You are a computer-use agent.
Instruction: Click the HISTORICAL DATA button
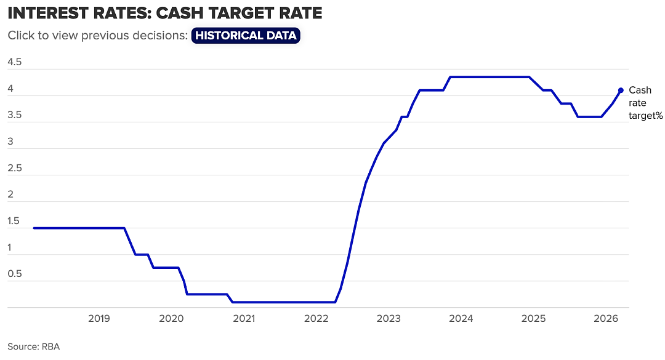[x=246, y=35]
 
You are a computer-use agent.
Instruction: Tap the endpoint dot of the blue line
[x=621, y=90]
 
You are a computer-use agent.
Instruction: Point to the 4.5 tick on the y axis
[x=14, y=62]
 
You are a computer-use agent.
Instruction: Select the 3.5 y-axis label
[x=14, y=115]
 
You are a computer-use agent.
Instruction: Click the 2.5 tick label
[x=14, y=168]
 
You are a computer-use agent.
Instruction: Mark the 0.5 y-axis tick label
[x=14, y=274]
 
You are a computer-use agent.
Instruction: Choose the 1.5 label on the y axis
[x=14, y=221]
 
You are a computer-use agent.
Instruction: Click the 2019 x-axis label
[x=99, y=318]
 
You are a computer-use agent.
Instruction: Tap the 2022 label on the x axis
[x=316, y=318]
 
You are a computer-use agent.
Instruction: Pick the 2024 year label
[x=461, y=318]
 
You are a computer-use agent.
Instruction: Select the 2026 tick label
[x=606, y=318]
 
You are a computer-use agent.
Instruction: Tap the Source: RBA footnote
[x=33, y=347]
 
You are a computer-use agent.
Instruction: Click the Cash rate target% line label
[x=645, y=103]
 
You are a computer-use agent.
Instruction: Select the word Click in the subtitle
[x=20, y=35]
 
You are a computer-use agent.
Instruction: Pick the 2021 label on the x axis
[x=244, y=318]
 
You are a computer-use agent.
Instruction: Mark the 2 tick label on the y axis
[x=10, y=194]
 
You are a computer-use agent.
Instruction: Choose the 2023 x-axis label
[x=389, y=318]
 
